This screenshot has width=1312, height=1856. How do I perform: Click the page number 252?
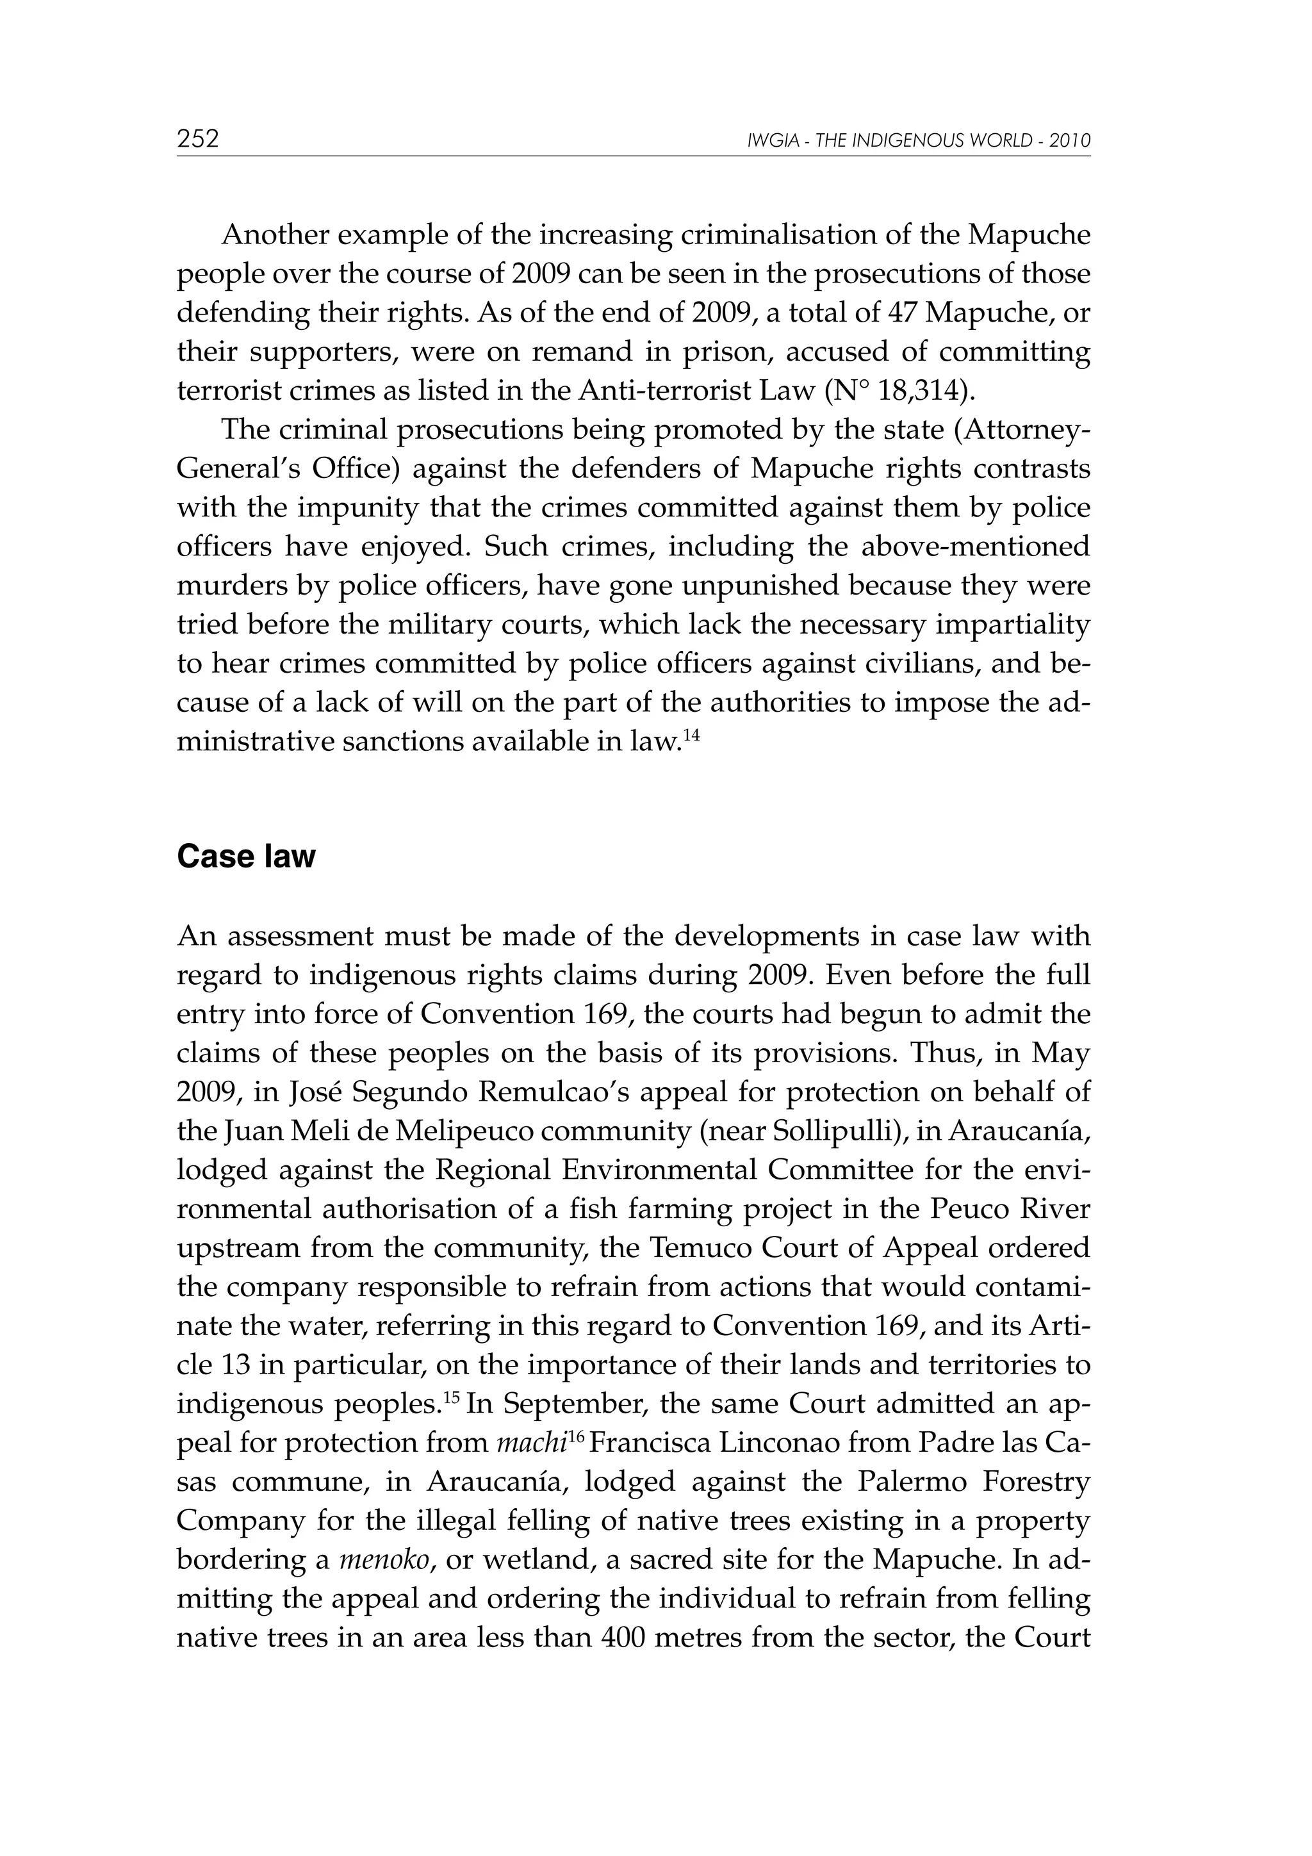click(x=198, y=139)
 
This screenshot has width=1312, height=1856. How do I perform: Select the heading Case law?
click(x=246, y=856)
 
